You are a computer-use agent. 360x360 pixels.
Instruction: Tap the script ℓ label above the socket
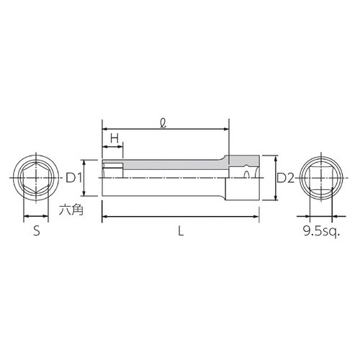click(164, 122)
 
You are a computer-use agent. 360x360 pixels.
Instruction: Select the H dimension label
click(114, 138)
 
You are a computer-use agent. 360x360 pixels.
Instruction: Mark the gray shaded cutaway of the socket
click(173, 165)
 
